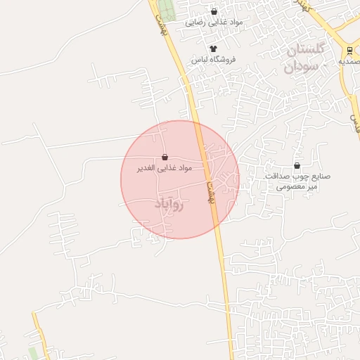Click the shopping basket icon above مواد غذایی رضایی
click(x=214, y=12)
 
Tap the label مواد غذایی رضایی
click(x=214, y=22)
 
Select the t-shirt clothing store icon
click(x=214, y=49)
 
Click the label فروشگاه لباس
click(x=214, y=60)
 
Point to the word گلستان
click(x=305, y=51)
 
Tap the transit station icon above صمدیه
click(x=349, y=49)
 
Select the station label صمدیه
click(x=349, y=61)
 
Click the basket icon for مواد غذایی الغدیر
click(x=165, y=157)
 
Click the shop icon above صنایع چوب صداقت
click(x=297, y=166)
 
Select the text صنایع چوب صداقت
click(x=297, y=176)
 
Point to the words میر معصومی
click(x=297, y=187)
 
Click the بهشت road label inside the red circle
click(x=208, y=190)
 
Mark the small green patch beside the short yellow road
click(x=32, y=351)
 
